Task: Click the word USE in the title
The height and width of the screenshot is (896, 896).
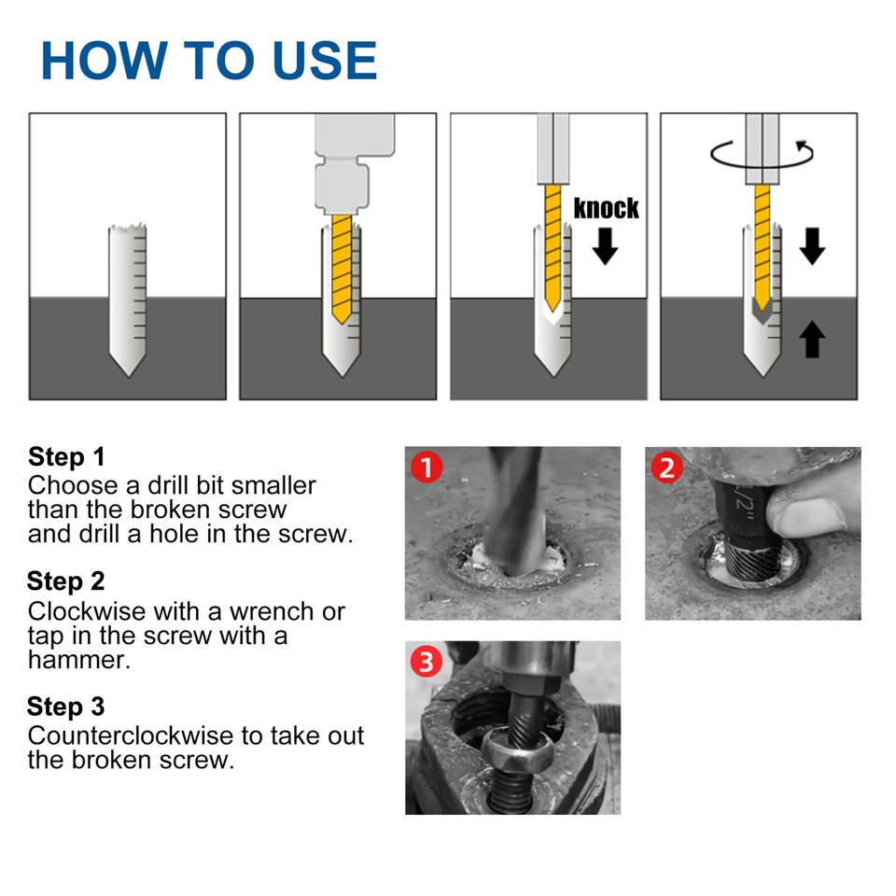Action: coord(325,60)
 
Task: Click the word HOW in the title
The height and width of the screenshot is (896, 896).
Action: coord(105,60)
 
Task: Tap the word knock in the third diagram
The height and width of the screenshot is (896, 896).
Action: coord(606,208)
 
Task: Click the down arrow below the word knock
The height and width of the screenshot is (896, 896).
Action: coord(605,246)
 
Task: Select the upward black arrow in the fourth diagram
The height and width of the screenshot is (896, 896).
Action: coord(812,339)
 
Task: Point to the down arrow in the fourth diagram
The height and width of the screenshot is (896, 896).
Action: coord(812,246)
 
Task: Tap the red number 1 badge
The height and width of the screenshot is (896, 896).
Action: coord(427,467)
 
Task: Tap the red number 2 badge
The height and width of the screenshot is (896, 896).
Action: coord(667,468)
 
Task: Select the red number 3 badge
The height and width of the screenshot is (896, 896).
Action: coord(427,662)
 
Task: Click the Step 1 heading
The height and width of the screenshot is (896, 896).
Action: coord(66,456)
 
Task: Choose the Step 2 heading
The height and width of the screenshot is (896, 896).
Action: coord(65,581)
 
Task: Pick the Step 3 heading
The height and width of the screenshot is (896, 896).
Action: coord(65,707)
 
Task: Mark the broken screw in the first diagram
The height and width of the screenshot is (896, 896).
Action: coord(128,300)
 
